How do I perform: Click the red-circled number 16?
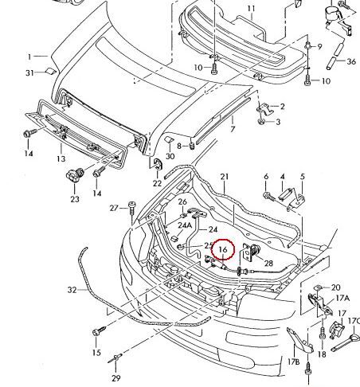[223, 249]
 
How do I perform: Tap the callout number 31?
[30, 72]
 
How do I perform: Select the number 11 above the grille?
[251, 9]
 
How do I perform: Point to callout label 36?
[351, 61]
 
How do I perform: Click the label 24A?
[185, 225]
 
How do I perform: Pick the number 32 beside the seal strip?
[72, 290]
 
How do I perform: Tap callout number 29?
[116, 377]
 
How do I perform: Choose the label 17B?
[294, 362]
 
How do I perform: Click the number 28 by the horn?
[268, 263]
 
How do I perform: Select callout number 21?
[225, 177]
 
